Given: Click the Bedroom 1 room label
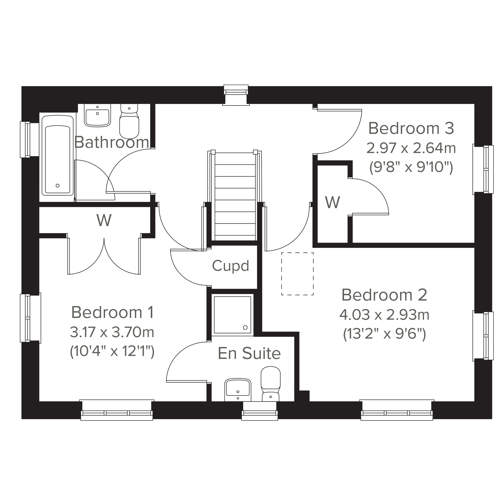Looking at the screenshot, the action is pos(113,312).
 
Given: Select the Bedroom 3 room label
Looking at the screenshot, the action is pos(411,128).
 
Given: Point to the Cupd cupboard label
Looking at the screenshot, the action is pos(231,266).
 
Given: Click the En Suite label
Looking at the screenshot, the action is pos(249,353).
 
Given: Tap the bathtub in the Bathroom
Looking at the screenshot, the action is pos(58,155).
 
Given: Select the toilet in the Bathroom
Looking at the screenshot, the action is pos(129,121).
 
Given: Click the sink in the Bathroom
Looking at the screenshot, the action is pos(97,115).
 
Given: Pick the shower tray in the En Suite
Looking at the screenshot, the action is pos(232,315).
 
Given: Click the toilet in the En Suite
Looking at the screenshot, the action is pos(271,384).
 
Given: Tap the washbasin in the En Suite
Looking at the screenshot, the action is pos(238,390).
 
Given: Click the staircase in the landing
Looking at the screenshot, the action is pos(235,196).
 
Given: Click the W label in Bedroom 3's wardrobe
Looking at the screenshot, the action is pos(332,202).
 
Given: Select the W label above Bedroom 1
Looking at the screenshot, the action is pos(104,220).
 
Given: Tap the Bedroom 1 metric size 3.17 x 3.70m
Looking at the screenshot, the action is pos(112,332).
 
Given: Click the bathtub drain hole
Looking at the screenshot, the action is pos(58,186).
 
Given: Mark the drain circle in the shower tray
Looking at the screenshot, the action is pos(245,328).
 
